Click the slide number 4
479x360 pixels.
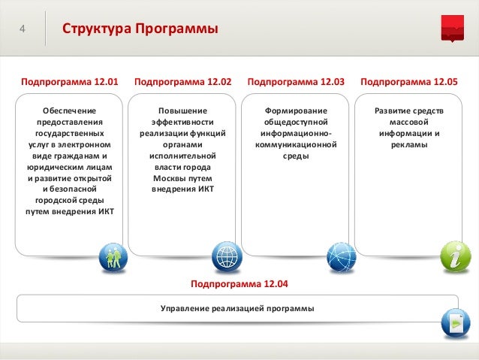[23, 29]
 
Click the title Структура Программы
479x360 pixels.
[140, 29]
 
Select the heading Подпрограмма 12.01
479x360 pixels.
[70, 80]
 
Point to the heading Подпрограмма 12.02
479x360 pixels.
[182, 80]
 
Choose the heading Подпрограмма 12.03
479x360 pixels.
[296, 80]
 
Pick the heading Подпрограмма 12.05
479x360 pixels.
[408, 80]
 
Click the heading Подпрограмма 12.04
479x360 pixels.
[239, 285]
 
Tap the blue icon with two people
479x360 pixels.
[113, 257]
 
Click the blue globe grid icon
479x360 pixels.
[226, 257]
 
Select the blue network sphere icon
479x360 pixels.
[341, 258]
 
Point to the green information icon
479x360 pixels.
[455, 257]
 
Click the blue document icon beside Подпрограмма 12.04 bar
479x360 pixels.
[455, 323]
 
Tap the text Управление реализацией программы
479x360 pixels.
[238, 309]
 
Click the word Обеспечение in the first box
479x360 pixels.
[69, 110]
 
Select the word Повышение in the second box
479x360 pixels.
[182, 110]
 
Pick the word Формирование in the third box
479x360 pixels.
[294, 110]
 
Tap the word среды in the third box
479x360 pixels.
[294, 156]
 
